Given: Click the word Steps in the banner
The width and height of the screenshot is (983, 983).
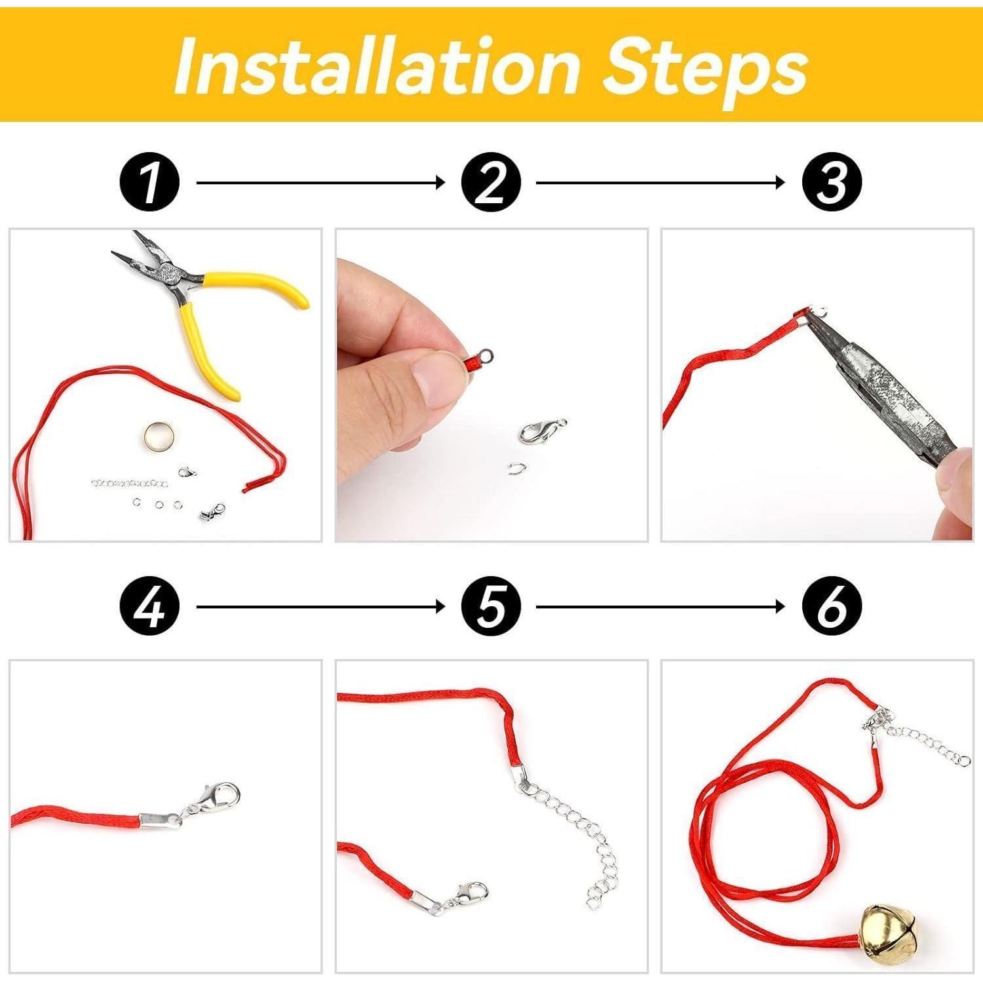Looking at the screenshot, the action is [705, 69].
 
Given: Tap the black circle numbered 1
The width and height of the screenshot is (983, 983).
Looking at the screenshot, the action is [150, 183].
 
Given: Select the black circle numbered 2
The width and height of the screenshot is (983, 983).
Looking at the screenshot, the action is [491, 183].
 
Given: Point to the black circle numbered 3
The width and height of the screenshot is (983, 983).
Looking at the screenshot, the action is [832, 183].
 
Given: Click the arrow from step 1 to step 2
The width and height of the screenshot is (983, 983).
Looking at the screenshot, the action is [320, 183].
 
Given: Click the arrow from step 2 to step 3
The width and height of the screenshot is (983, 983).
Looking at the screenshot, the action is [661, 183].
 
